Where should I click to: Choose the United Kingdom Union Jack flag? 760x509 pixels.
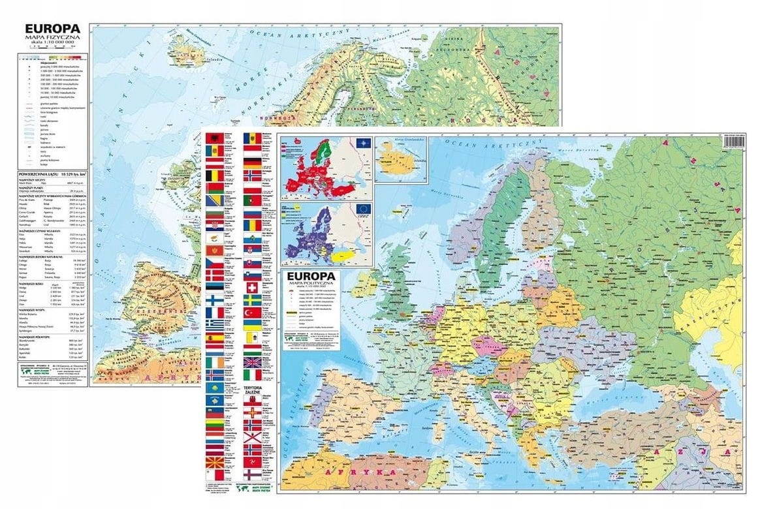pyautogui.click(x=252, y=362)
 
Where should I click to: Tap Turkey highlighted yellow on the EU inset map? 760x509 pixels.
pyautogui.click(x=355, y=256)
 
